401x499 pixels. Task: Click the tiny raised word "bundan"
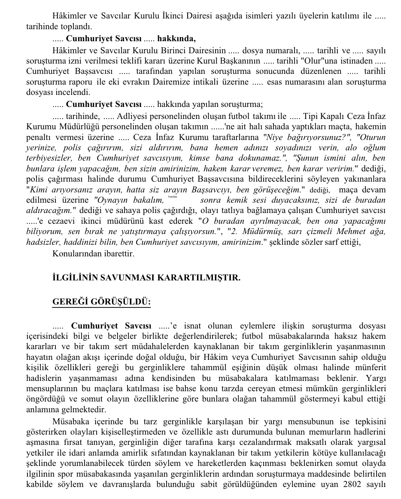click(x=173, y=196)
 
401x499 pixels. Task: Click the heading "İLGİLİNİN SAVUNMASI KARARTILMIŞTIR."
click(x=146, y=278)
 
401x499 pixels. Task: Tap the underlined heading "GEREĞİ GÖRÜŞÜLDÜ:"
click(x=101, y=302)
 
